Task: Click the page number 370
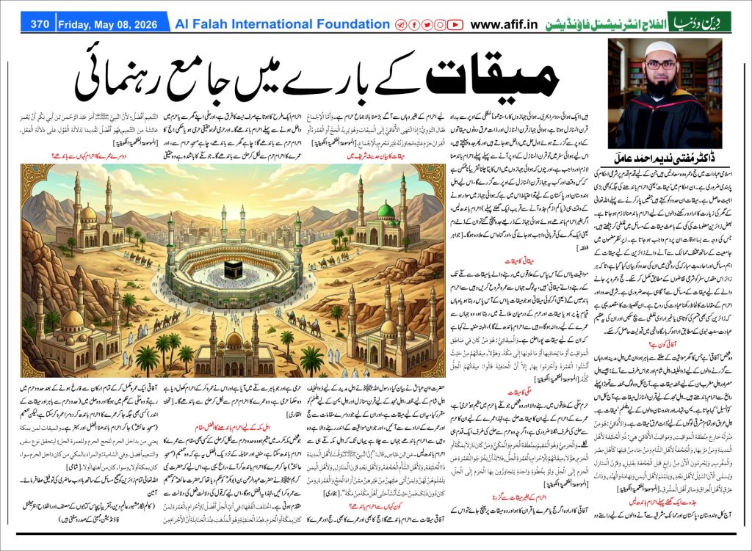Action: point(40,24)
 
